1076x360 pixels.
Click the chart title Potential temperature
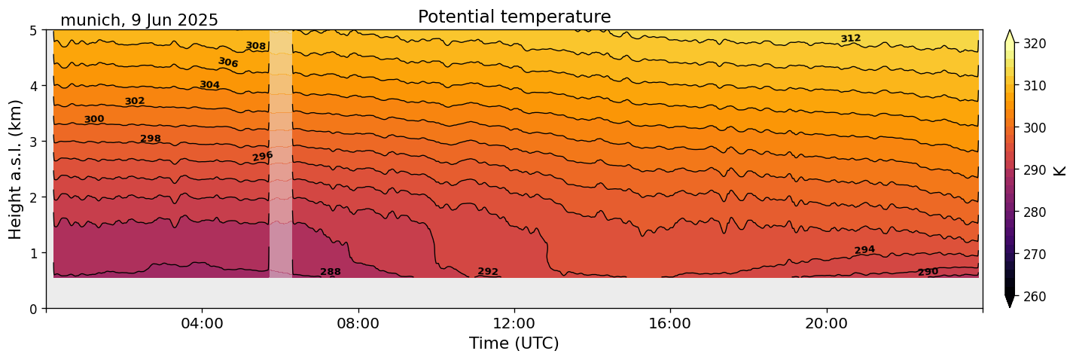pos(514,17)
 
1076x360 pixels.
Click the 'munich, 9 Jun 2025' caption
pos(139,20)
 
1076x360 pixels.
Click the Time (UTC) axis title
pos(514,343)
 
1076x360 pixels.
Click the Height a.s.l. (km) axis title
pos(16,169)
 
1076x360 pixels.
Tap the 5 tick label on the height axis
pos(34,30)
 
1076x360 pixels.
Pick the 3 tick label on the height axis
pos(34,142)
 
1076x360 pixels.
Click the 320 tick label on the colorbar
pos(1034,44)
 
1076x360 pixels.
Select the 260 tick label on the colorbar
pos(1034,297)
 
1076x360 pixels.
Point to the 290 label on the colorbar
pos(1034,170)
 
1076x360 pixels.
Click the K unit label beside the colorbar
pos(1060,170)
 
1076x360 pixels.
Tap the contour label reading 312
pos(850,38)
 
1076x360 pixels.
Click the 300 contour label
pos(94,119)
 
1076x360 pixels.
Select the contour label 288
pos(331,272)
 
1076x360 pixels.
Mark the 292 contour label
pos(488,272)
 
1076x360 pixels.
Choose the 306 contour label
pos(228,63)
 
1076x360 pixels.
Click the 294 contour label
pos(864,250)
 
